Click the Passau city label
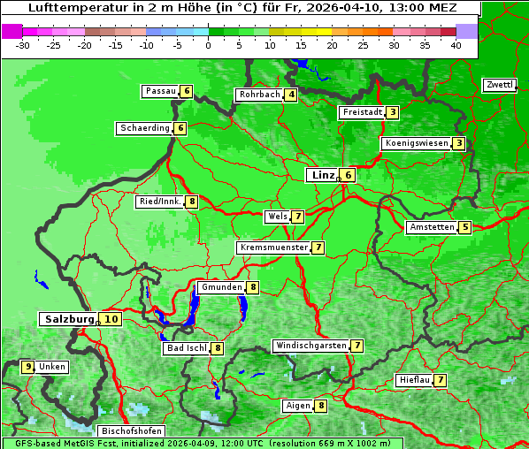[160, 91]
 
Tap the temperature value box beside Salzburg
[111, 319]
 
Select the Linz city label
[322, 175]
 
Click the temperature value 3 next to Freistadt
[392, 112]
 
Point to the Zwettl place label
[499, 85]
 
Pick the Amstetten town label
[432, 227]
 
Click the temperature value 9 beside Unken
[28, 367]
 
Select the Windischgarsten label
[310, 346]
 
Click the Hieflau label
[414, 380]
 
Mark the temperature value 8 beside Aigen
[320, 406]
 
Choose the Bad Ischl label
[187, 348]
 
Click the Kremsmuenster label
[273, 247]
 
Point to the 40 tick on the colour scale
[456, 45]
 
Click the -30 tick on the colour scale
[23, 45]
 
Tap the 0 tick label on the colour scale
[208, 45]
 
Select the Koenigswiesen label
[416, 143]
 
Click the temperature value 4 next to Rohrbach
[291, 95]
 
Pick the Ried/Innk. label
[160, 202]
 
